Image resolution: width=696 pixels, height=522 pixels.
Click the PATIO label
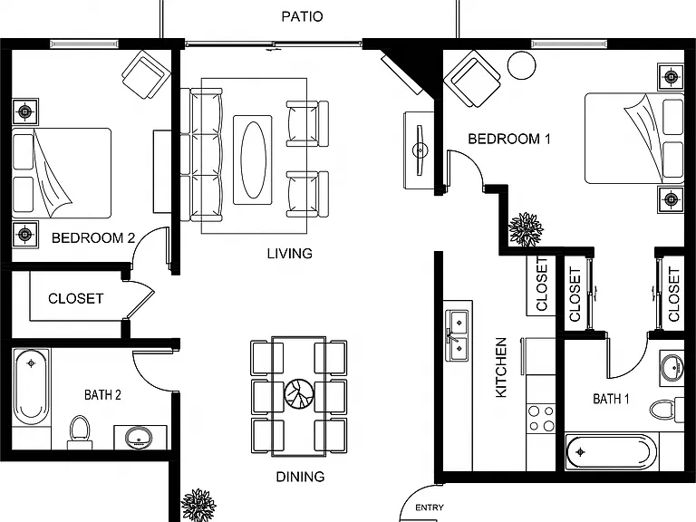coord(302,16)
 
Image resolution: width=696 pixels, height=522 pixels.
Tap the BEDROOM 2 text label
coord(93,238)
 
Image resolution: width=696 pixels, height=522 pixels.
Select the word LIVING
coord(289,254)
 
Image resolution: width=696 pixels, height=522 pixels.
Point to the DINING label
coord(300,477)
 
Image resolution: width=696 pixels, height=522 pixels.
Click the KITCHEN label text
coord(500,368)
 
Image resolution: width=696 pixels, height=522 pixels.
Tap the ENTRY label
coord(430,507)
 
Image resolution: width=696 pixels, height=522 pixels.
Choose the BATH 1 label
coord(611,399)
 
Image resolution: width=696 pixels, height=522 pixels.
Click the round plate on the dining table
coord(299,393)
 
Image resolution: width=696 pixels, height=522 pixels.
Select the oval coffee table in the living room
coord(254,159)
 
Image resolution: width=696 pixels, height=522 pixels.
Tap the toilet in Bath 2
coord(80,432)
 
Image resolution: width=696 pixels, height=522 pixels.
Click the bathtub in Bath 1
coord(611,452)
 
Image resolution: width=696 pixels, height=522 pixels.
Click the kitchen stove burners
coord(541,419)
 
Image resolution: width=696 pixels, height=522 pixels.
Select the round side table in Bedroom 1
coord(522,65)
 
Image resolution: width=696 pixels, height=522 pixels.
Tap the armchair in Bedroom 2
coord(146,74)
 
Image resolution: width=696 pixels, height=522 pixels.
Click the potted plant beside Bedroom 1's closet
coord(526,229)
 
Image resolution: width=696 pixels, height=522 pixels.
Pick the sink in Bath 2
coord(139,437)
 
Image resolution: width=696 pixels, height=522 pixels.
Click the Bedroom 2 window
coord(84,43)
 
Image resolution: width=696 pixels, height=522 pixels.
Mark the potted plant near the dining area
coord(198,506)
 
